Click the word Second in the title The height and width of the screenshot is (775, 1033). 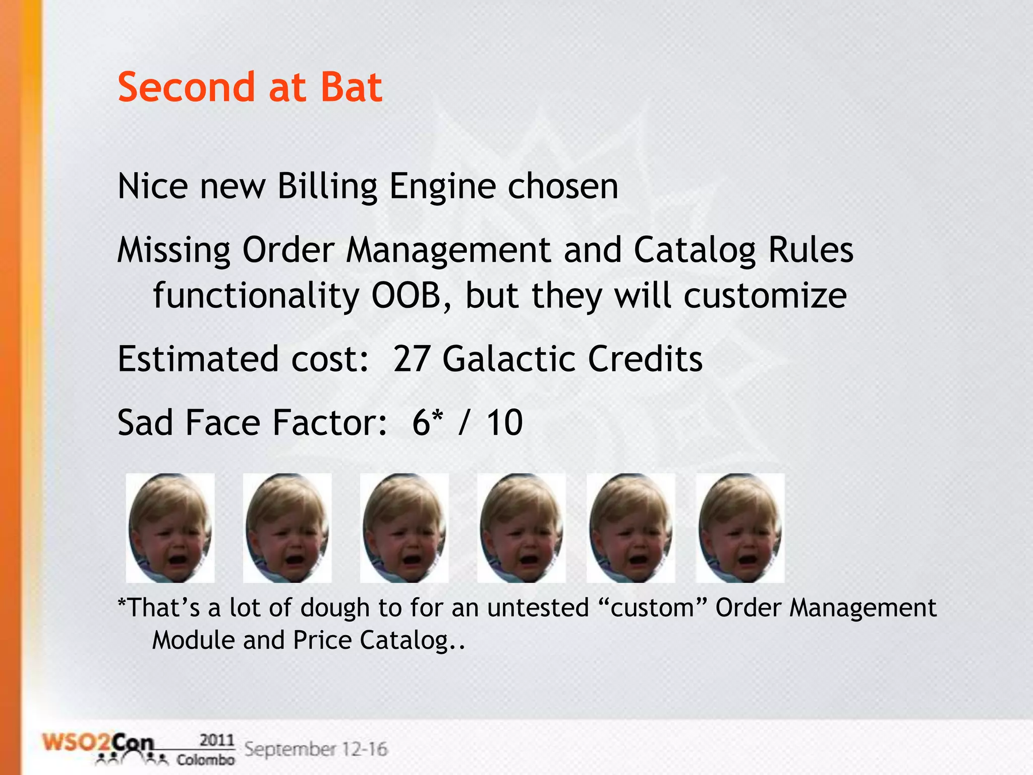pyautogui.click(x=186, y=87)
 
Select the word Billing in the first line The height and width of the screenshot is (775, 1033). pyautogui.click(x=327, y=187)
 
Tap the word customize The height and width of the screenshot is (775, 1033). pyautogui.click(x=765, y=296)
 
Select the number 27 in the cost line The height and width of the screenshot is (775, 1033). pyautogui.click(x=411, y=359)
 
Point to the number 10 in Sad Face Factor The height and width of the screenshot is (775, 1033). pyautogui.click(x=504, y=422)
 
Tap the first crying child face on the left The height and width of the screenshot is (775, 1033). pyautogui.click(x=170, y=528)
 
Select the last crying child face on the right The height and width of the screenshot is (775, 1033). pyautogui.click(x=740, y=528)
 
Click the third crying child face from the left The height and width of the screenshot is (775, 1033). pyautogui.click(x=404, y=528)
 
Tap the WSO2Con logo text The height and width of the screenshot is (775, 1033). pyautogui.click(x=98, y=744)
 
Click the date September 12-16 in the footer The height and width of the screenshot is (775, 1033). pyautogui.click(x=316, y=749)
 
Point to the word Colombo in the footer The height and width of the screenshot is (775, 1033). pyautogui.click(x=205, y=760)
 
